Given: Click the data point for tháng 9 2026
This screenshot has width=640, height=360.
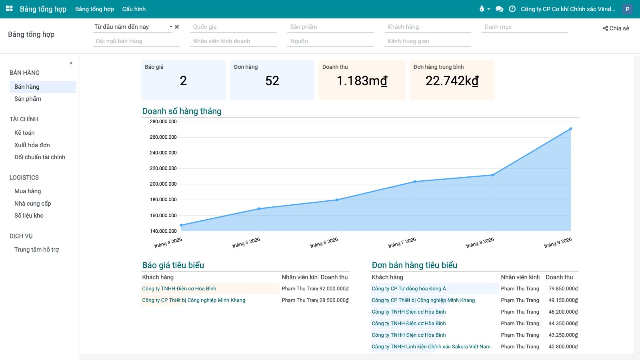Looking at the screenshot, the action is pos(570,129).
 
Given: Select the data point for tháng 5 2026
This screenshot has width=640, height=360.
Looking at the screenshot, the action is pos(259,208).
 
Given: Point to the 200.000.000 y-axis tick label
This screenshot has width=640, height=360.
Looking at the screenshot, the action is pos(163,184).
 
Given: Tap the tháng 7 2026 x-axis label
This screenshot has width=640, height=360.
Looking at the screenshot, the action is pos(402,242).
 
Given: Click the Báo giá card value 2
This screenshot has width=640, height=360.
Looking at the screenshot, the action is pos(183,81).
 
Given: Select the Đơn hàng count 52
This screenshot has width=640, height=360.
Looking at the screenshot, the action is pos(272,81).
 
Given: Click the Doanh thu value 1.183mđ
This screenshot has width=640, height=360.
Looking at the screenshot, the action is pos(362,81).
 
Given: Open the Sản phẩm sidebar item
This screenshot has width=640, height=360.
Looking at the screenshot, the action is pos(28,99).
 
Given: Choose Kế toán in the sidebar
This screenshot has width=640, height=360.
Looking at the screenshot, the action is pos(24,132).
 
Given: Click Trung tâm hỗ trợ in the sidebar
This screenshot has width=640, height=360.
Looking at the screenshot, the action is pos(36,250).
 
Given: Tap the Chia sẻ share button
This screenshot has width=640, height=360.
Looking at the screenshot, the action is pos(616,28).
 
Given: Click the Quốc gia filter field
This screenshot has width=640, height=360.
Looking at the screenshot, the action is pos(233,27).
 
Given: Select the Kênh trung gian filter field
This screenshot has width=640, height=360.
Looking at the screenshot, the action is pos(428,41).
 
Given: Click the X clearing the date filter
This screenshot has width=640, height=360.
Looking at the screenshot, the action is pos(177,27).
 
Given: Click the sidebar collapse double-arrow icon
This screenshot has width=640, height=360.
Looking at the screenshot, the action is pos(71,63).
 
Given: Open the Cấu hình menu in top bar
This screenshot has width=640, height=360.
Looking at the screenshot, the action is pos(134,9).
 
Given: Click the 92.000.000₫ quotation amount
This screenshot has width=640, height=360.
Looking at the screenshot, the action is pos(334,288).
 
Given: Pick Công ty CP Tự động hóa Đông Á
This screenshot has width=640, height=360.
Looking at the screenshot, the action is pos(408,288).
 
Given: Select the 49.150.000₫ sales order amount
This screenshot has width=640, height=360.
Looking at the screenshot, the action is pos(563,300).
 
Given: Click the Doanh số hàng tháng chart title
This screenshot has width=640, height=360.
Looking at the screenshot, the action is pos(182,111).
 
